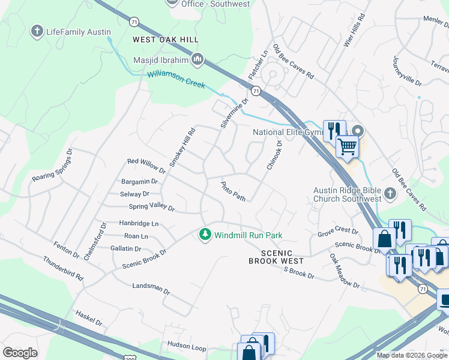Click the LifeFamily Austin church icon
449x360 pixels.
pos(37,32)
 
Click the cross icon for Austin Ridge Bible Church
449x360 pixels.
pos(390,193)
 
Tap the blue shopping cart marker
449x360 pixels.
pos(347,146)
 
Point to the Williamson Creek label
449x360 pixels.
pos(176,79)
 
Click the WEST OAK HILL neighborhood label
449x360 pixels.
pos(165,40)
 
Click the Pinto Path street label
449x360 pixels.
pos(234,191)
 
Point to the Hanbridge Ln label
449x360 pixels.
pos(139,224)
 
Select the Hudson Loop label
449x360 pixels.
pos(187,346)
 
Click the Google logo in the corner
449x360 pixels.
pos(20,353)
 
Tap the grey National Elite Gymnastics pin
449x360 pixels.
pos(358,131)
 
